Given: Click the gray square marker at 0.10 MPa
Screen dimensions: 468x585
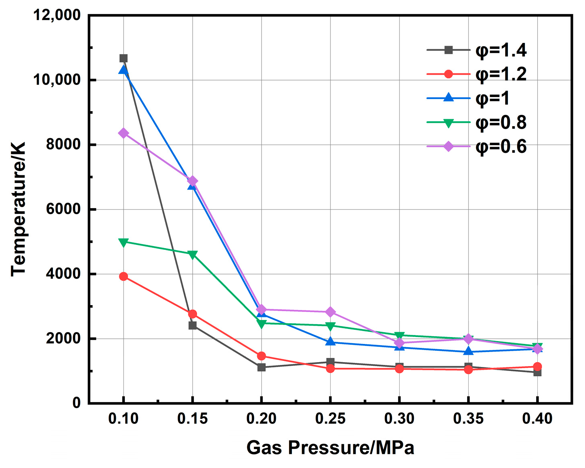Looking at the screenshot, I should [124, 58].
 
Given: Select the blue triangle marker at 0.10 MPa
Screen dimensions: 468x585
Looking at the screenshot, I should [124, 70].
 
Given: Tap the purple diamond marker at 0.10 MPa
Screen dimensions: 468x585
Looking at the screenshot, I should [124, 133].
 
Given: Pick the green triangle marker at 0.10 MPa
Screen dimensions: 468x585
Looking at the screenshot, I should [124, 242].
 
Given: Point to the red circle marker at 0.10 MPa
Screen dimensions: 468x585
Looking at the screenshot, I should [124, 276].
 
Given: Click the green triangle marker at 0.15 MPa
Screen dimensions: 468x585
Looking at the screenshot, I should [193, 255].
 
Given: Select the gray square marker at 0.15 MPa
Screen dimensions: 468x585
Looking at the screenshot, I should [193, 325].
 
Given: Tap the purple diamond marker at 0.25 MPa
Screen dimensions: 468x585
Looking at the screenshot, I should [330, 312].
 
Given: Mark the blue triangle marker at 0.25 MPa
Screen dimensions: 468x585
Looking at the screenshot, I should [330, 342].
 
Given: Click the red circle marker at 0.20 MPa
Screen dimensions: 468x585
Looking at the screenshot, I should [262, 356].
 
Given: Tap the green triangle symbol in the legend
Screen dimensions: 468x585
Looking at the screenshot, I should [448, 123].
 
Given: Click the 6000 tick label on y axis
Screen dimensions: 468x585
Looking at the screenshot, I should [63, 209].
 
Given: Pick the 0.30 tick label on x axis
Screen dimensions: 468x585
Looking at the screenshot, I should [399, 419].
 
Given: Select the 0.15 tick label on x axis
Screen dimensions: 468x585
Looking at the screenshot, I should [193, 419].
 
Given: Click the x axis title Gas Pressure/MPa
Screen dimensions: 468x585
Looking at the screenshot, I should [330, 448].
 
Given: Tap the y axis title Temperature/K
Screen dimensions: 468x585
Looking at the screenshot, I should [19, 209].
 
